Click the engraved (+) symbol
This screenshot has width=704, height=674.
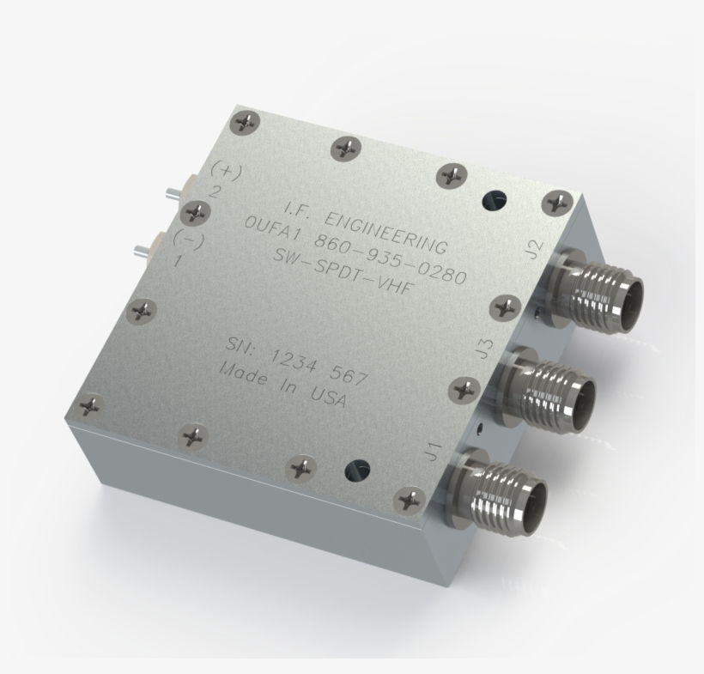click(x=226, y=171)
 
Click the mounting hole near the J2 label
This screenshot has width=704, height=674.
click(x=495, y=201)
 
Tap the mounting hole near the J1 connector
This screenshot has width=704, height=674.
click(x=356, y=470)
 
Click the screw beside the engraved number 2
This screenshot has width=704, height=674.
click(x=197, y=211)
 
